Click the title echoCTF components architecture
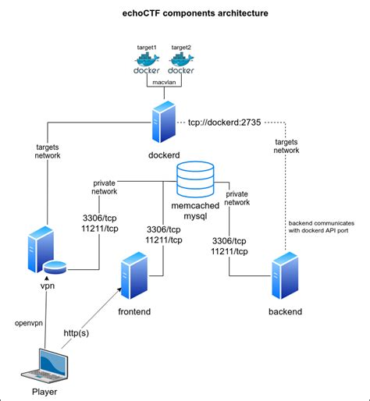point(184,13)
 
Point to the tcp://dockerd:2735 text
point(225,122)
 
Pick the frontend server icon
point(134,280)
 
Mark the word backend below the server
point(284,312)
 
